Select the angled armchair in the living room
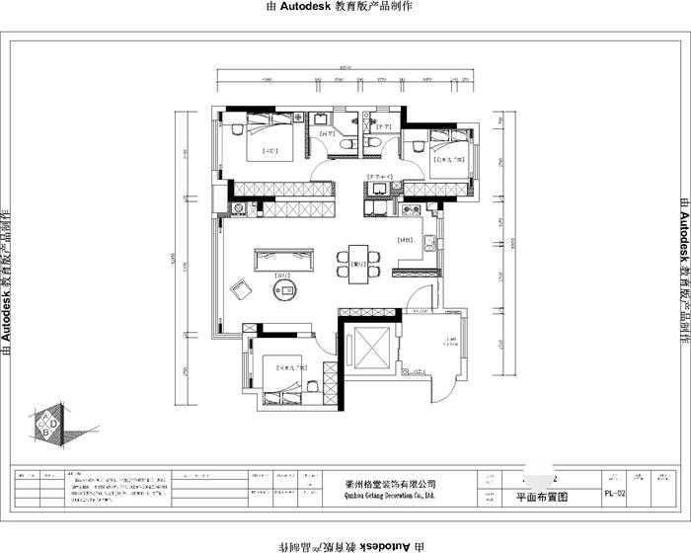(x=241, y=289)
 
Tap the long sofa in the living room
(x=284, y=259)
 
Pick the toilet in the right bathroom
(x=372, y=145)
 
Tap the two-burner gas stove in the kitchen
(x=411, y=209)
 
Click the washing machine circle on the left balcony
(x=237, y=208)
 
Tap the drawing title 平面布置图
(x=541, y=499)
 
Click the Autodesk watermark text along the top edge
(x=340, y=7)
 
